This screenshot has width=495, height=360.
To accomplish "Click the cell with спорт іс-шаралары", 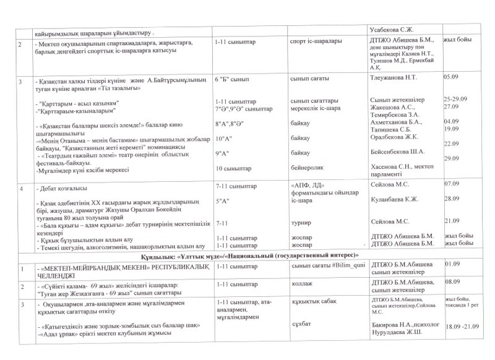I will click(x=312, y=43).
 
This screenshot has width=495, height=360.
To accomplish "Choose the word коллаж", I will click(x=301, y=285).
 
